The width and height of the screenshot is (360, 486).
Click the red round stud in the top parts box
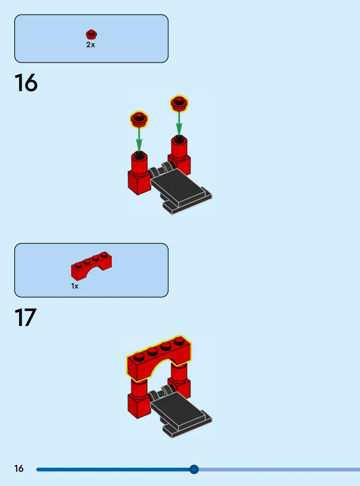pyautogui.click(x=91, y=34)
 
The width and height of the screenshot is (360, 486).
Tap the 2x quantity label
pyautogui.click(x=90, y=45)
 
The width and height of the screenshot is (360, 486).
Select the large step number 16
pyautogui.click(x=26, y=83)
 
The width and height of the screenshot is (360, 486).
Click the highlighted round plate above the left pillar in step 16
pyautogui.click(x=139, y=119)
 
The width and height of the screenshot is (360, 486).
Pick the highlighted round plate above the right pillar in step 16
pyautogui.click(x=179, y=103)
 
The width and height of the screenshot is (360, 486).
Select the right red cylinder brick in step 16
pyautogui.click(x=179, y=148)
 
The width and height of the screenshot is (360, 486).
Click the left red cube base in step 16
pyautogui.click(x=139, y=182)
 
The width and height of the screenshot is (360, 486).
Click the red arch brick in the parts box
pyautogui.click(x=91, y=266)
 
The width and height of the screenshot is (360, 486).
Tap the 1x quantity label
pyautogui.click(x=75, y=286)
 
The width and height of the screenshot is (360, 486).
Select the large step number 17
pyautogui.click(x=25, y=317)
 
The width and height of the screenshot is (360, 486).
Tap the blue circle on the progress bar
pyautogui.click(x=194, y=469)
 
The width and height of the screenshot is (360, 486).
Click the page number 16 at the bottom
pyautogui.click(x=19, y=469)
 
